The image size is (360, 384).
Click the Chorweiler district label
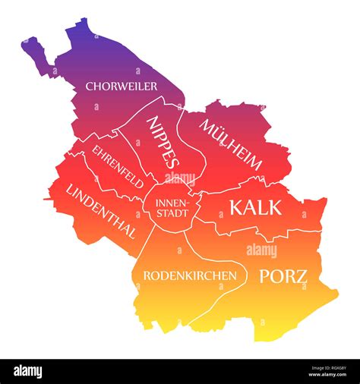[x=121, y=86]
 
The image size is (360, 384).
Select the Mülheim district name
[x=231, y=143]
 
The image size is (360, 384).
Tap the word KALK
[x=255, y=206]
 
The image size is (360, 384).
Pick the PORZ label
[x=283, y=275]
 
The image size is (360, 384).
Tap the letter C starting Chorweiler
[x=89, y=86]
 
